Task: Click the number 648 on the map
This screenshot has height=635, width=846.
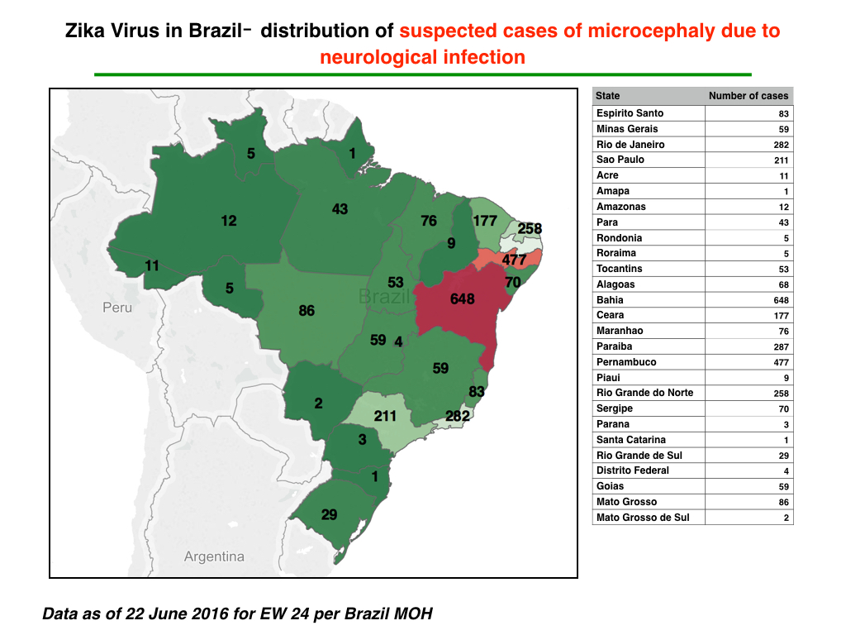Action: tap(463, 299)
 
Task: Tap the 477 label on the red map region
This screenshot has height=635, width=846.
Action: tap(514, 260)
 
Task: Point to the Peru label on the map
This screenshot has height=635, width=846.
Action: tap(117, 308)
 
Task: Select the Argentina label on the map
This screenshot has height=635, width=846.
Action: tap(214, 556)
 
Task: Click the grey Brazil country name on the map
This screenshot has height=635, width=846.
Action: tap(384, 297)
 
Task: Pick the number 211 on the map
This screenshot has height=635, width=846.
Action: tap(385, 417)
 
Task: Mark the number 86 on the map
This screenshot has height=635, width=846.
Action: tap(307, 311)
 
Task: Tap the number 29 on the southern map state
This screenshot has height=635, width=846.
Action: tap(329, 514)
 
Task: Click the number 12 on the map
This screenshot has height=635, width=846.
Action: tap(229, 221)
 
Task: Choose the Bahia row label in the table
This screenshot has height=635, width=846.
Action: tap(610, 299)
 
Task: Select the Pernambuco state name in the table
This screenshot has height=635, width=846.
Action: tap(626, 362)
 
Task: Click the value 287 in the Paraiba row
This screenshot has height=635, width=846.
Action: tap(782, 347)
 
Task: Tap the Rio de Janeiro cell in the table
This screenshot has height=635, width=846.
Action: tap(630, 144)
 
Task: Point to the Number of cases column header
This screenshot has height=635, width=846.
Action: tap(749, 96)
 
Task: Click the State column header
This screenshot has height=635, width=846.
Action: tap(607, 96)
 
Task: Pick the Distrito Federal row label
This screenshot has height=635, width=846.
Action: tap(632, 470)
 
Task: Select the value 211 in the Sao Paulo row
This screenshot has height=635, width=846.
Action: tap(782, 160)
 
